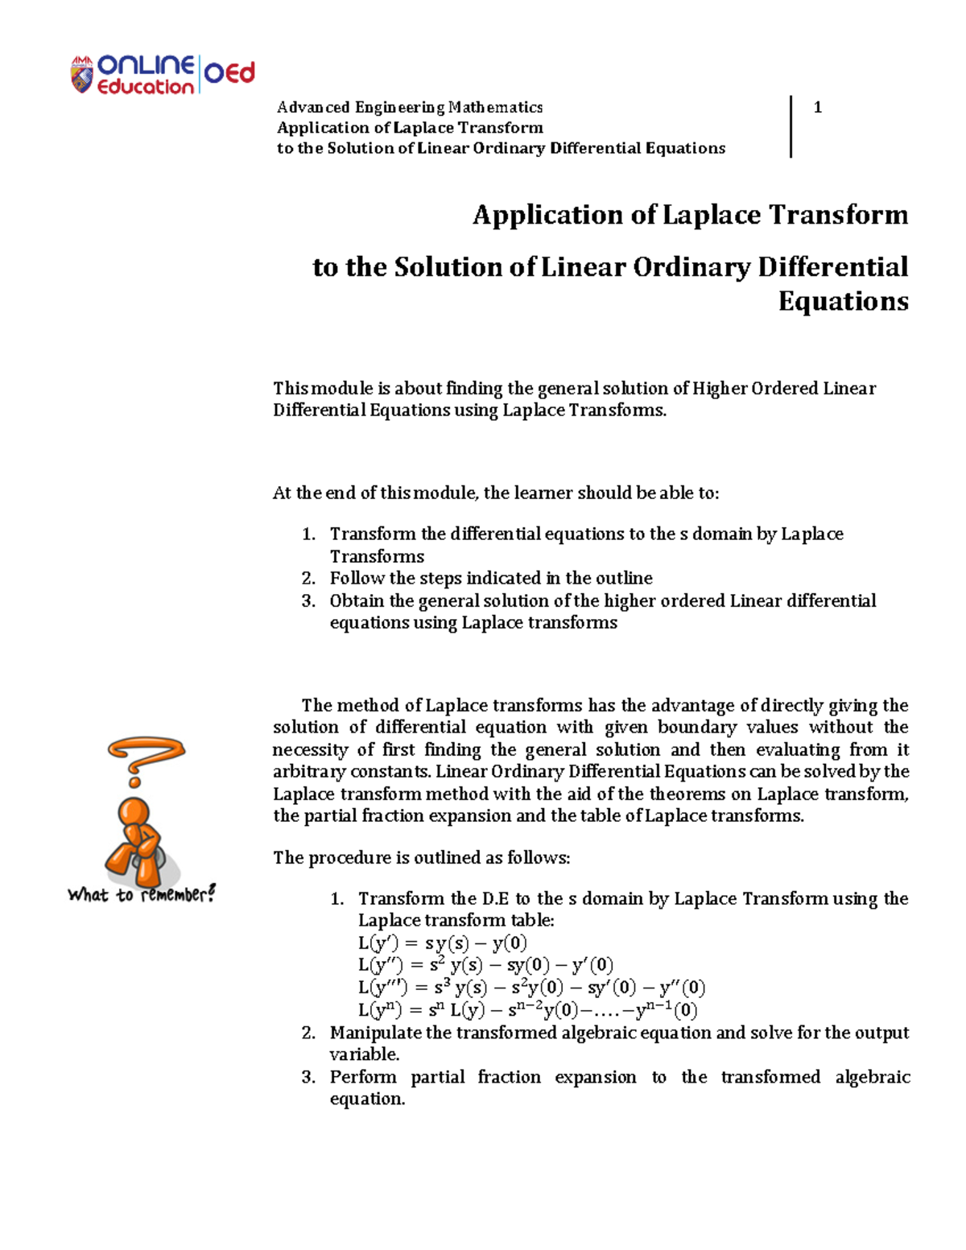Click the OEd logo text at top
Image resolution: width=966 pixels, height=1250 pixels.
click(x=229, y=73)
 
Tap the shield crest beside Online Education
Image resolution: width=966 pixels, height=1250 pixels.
click(x=82, y=76)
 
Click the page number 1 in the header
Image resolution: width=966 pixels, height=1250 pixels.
click(x=818, y=107)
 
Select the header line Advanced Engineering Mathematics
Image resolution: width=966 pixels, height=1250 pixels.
click(x=410, y=107)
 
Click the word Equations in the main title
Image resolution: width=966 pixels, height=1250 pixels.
click(x=843, y=301)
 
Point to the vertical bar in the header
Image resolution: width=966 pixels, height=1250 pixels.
click(x=791, y=126)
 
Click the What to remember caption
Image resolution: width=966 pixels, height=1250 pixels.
click(x=142, y=894)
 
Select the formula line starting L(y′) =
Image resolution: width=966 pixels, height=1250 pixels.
click(x=442, y=943)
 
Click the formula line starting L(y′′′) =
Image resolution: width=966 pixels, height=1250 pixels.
click(x=531, y=988)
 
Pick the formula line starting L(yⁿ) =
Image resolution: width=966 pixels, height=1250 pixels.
click(x=527, y=1010)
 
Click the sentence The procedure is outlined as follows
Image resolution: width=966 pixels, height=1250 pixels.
click(x=421, y=858)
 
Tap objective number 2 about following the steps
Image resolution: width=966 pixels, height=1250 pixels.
click(x=490, y=578)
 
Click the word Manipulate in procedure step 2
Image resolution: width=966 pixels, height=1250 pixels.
click(x=376, y=1033)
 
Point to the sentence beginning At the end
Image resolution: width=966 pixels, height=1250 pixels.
click(x=495, y=493)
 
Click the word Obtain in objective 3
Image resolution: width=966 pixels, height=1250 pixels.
click(x=357, y=600)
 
